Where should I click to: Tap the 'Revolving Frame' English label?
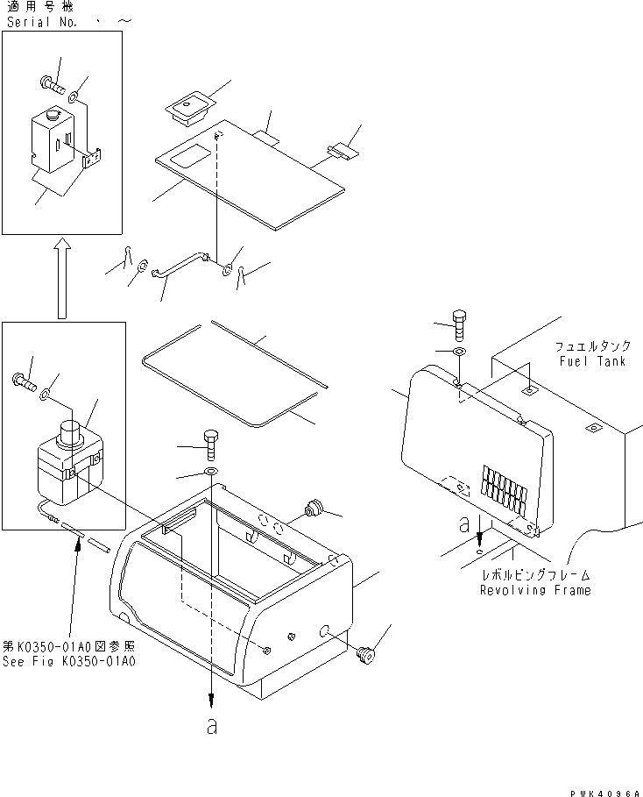(534, 590)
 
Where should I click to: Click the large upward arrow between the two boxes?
(62, 279)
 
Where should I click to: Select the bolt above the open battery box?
(211, 445)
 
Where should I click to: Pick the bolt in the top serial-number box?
(52, 85)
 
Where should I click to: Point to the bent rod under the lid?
(180, 267)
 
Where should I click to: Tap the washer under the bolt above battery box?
(211, 473)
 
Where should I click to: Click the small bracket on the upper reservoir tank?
(91, 160)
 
